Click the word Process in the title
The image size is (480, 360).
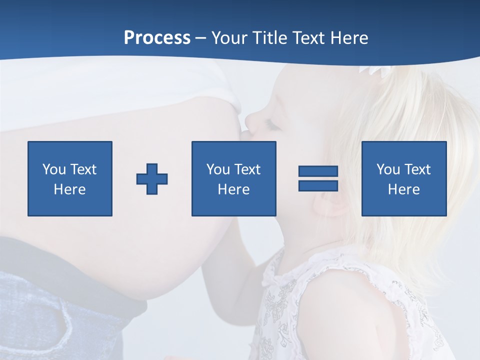tap(157, 38)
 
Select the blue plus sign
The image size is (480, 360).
tap(152, 178)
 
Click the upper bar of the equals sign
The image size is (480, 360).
tap(318, 171)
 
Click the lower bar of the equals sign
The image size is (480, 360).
tap(318, 185)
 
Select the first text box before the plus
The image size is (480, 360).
tap(70, 178)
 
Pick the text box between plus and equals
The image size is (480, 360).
tap(233, 178)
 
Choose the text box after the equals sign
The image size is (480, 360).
tap(403, 178)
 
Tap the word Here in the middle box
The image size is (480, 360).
tap(233, 189)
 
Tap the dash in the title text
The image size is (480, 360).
tap(201, 38)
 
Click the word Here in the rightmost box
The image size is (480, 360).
tap(403, 189)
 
